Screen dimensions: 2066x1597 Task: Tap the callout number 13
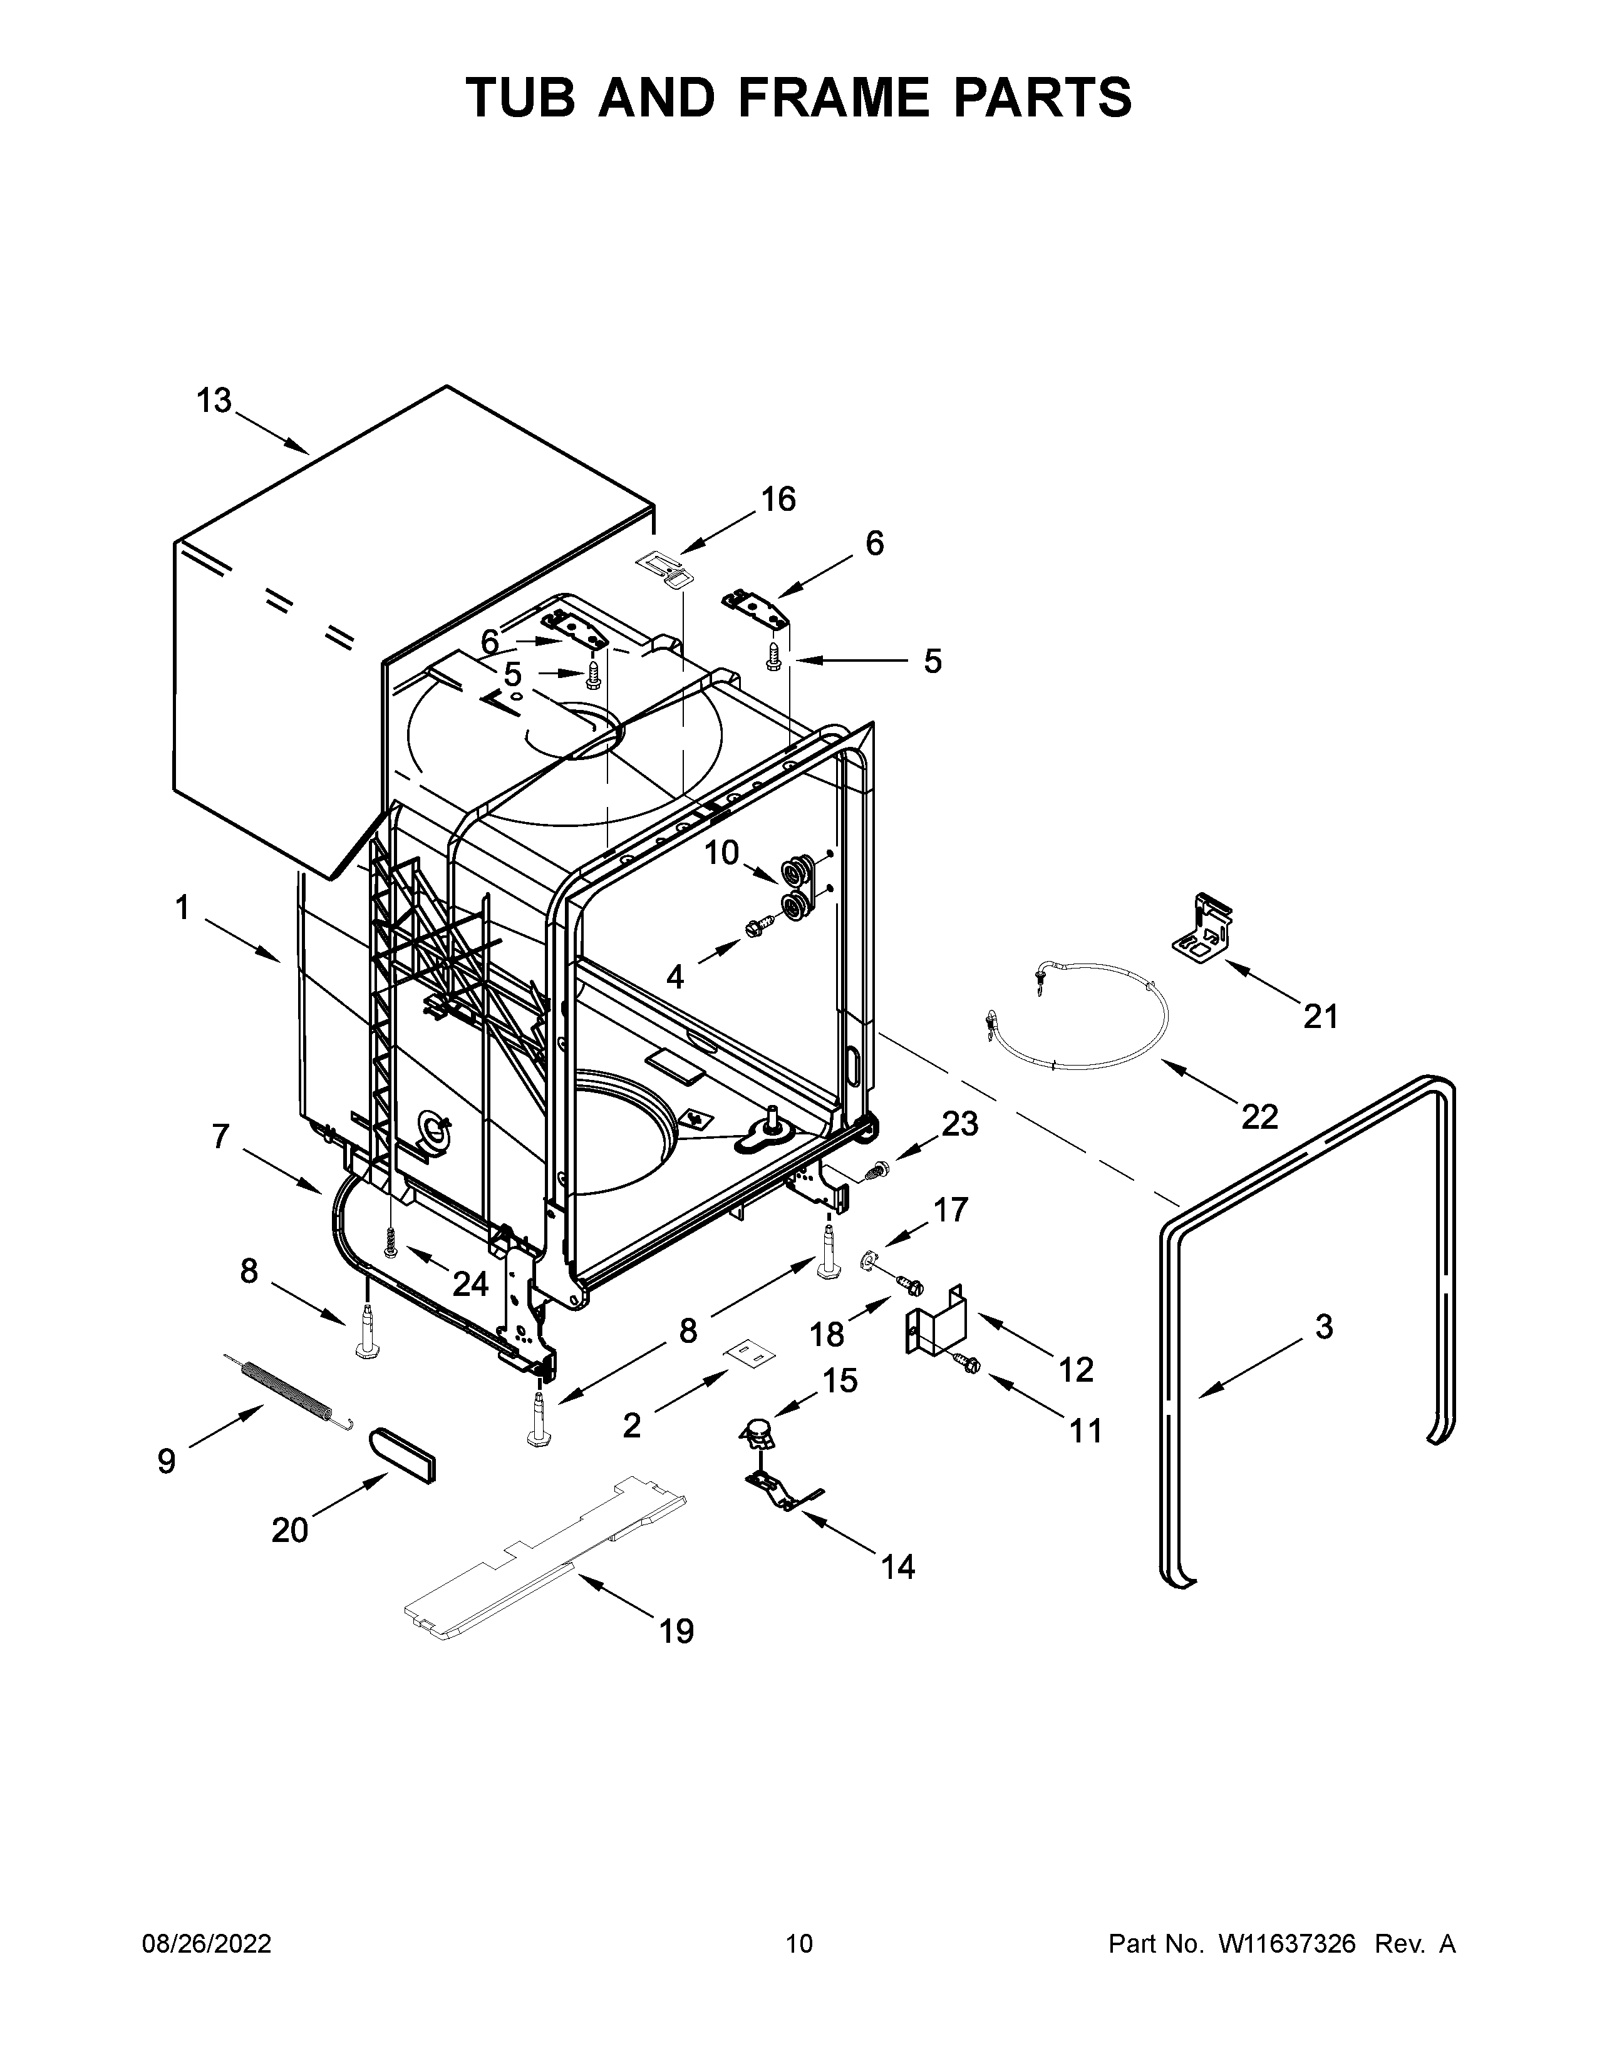(x=214, y=401)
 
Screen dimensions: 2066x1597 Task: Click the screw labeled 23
(x=876, y=1170)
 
